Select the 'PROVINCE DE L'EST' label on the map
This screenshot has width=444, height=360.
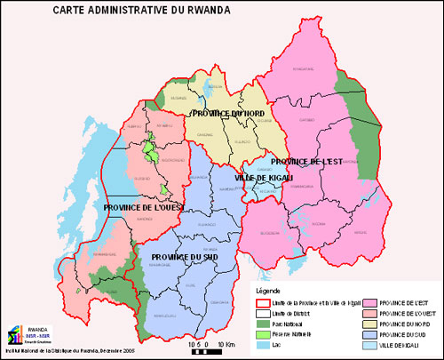click(x=306, y=162)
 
